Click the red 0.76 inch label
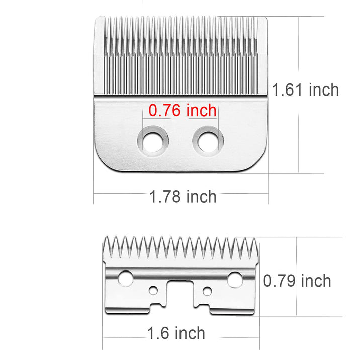click(183, 110)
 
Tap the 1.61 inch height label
click(305, 89)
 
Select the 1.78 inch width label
click(183, 197)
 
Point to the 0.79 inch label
click(297, 281)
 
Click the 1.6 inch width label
click(176, 333)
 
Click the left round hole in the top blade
click(153, 141)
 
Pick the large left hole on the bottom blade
click(125, 279)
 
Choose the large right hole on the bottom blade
click(235, 280)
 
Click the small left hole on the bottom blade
click(153, 290)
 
